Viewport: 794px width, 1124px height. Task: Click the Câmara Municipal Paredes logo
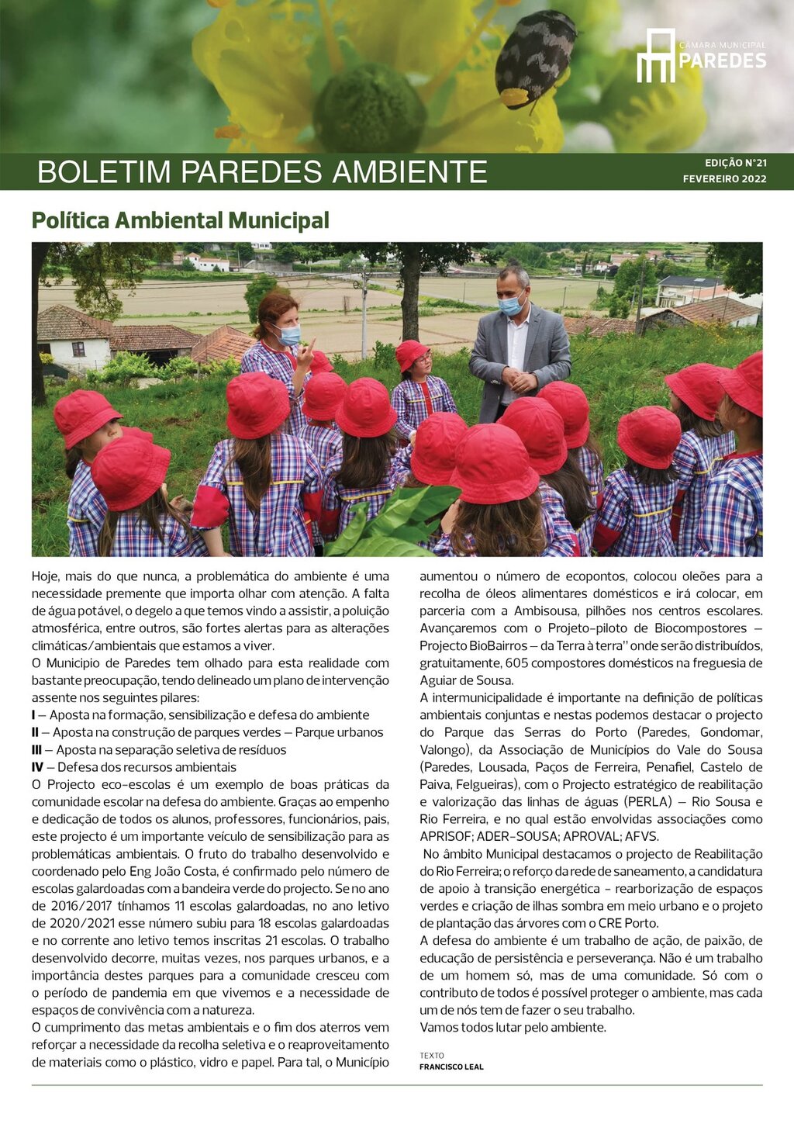coord(701,55)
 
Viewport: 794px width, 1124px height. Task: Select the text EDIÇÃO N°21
coord(735,164)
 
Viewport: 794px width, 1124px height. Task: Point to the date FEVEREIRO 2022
coord(724,179)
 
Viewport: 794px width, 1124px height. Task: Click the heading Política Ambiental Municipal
coord(180,221)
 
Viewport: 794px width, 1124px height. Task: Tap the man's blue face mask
coord(510,306)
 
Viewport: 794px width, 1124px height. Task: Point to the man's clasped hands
coord(521,379)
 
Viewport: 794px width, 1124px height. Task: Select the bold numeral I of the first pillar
coord(33,715)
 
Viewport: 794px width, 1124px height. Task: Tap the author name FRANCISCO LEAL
coord(451,1067)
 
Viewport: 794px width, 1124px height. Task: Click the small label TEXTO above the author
coord(432,1056)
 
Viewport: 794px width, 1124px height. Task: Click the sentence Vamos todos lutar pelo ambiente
coord(513,1028)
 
